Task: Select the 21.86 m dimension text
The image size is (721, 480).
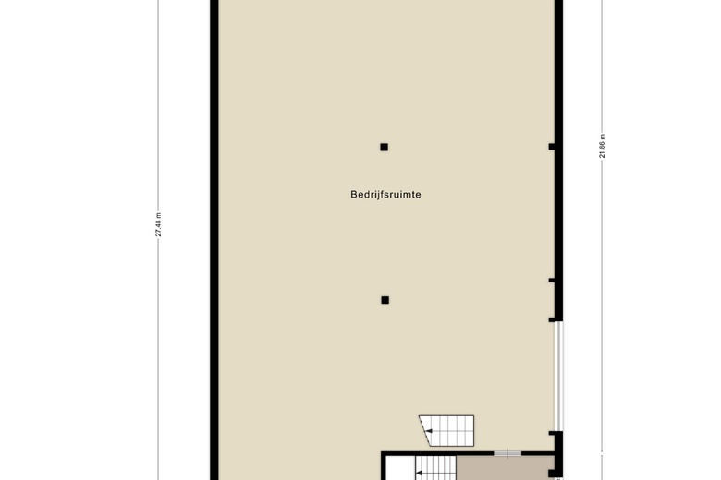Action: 602,147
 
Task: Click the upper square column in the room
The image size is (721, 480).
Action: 384,147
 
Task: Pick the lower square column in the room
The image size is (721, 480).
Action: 385,299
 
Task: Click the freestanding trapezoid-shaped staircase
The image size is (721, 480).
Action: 447,429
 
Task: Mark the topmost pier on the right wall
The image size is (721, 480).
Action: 552,147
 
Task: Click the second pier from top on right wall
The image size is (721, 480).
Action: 552,280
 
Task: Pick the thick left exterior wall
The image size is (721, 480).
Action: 214,240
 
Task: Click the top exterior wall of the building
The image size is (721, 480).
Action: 386,1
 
